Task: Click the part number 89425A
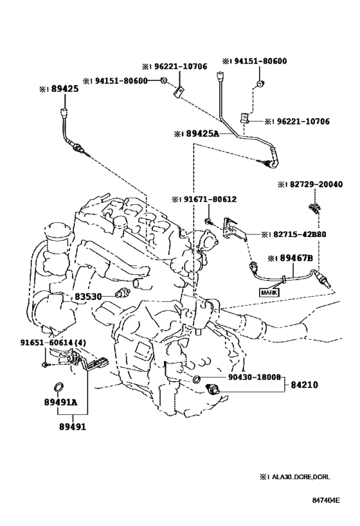point(202,134)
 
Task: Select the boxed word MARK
point(269,292)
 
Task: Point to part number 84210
point(304,385)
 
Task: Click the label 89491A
point(60,401)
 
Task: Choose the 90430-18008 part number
point(254,377)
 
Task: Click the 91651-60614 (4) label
point(53,342)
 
